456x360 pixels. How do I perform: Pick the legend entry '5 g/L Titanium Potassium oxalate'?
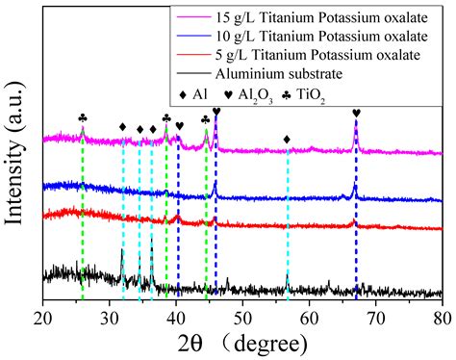[x=322, y=54]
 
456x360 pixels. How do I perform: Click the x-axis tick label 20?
[x=43, y=315]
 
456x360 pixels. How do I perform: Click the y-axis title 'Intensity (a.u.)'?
[x=15, y=159]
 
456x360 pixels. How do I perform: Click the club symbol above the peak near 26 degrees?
[x=83, y=118]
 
